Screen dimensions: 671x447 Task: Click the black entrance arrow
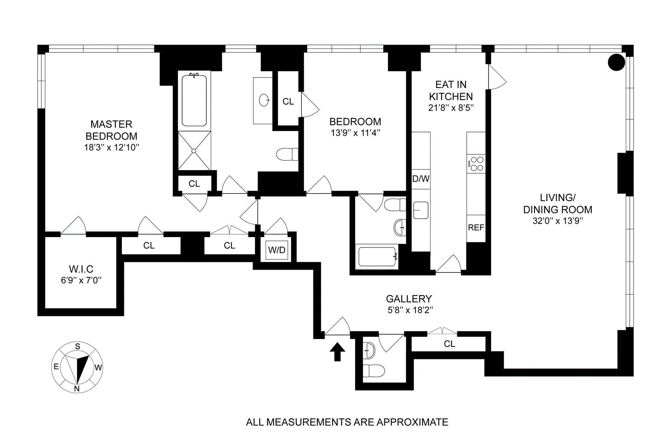pos(337,351)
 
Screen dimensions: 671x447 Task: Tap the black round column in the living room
pos(616,62)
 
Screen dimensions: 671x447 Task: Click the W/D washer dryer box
pos(277,250)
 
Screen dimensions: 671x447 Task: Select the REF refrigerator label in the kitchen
pos(476,228)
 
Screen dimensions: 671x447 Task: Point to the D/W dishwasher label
pos(421,179)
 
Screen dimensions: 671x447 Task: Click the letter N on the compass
pos(77,389)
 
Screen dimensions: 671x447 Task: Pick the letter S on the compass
pos(78,346)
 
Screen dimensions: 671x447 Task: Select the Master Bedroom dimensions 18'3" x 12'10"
pos(111,147)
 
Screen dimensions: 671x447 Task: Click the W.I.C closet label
pos(81,269)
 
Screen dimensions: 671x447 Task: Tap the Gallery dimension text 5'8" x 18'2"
pos(410,310)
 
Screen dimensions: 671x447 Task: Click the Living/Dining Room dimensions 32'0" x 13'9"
pos(558,221)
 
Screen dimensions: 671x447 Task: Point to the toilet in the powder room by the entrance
pos(374,371)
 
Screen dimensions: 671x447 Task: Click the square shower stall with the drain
pos(194,151)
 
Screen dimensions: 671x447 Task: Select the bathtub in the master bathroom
pos(194,101)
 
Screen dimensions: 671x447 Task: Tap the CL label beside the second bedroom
pos(288,102)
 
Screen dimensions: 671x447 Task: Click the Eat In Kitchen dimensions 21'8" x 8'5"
pos(451,108)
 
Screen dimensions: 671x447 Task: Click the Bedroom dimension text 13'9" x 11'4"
pos(355,133)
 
